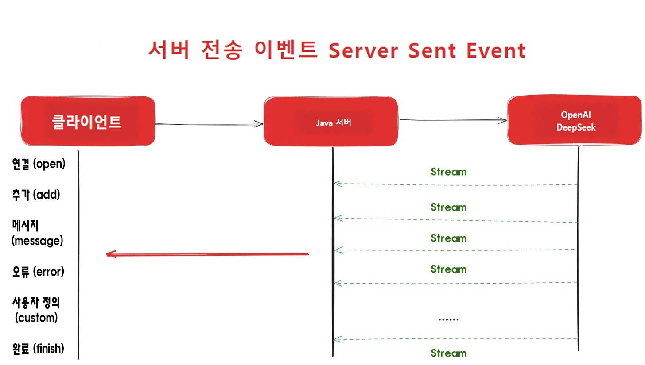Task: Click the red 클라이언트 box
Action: [88, 121]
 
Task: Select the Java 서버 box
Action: [330, 121]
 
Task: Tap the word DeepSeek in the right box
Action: [576, 127]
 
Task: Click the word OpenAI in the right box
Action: [576, 115]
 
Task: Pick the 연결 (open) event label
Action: [39, 164]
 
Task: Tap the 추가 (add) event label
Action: [36, 194]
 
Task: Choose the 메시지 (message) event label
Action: [37, 234]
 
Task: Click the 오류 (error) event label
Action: [38, 271]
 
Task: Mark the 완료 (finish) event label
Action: [38, 349]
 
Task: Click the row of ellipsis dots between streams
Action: [448, 319]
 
